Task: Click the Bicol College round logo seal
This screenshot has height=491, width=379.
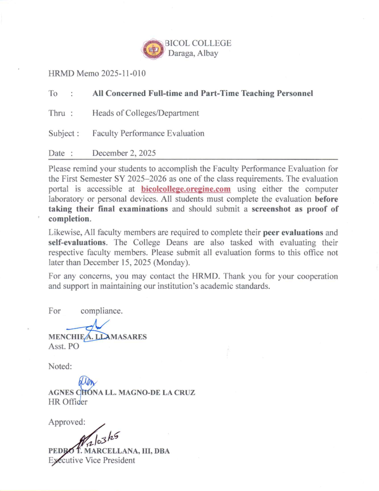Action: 153,49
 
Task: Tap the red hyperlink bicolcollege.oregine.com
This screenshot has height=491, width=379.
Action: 186,189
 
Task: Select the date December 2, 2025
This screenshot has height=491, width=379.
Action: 124,153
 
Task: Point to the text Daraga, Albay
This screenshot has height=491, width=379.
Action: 193,53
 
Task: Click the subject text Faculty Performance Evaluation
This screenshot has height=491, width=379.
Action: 148,133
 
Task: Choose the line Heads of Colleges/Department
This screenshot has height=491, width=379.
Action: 145,113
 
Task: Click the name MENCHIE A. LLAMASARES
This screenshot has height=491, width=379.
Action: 97,337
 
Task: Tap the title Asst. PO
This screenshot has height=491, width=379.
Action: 63,347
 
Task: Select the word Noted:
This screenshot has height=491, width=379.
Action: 60,366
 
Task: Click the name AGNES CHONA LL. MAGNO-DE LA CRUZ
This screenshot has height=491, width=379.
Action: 122,392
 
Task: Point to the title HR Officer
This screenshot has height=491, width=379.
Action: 68,402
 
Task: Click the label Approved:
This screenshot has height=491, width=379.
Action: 67,422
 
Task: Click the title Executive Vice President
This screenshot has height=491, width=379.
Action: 92,460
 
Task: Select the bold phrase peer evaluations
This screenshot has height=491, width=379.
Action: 293,233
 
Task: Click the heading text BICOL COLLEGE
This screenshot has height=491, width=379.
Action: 198,43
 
